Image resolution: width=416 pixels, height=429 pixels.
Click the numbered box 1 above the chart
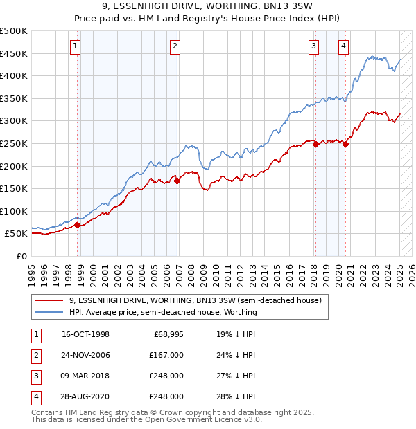(x=75, y=46)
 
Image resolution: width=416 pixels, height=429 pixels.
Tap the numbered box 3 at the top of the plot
(x=313, y=46)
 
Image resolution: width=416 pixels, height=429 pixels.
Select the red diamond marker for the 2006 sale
(x=177, y=181)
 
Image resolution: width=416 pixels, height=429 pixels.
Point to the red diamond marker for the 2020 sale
(x=345, y=145)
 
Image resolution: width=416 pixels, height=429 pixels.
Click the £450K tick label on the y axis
(x=14, y=53)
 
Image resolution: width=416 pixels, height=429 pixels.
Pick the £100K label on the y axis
(x=14, y=211)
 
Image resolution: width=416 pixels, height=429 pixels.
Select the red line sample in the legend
(x=49, y=301)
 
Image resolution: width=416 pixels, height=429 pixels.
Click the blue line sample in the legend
(x=49, y=312)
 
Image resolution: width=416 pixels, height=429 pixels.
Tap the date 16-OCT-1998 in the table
(x=85, y=334)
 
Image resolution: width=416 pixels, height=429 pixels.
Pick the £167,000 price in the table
(x=166, y=355)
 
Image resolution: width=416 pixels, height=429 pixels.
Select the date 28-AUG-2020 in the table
(x=86, y=396)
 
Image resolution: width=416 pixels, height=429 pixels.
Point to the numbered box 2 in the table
(x=34, y=355)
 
